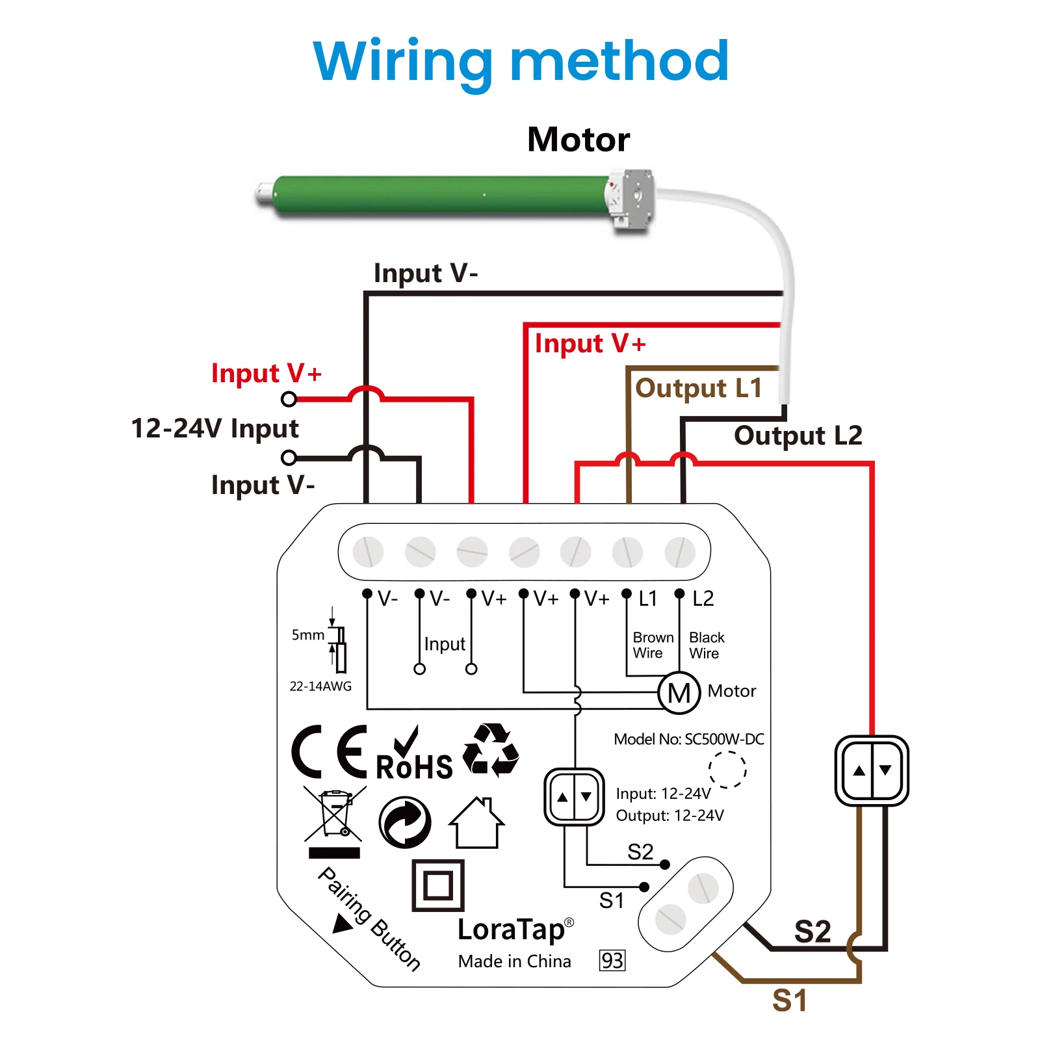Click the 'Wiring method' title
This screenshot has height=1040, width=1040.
pyautogui.click(x=521, y=62)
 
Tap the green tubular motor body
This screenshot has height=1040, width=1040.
pyautogui.click(x=442, y=195)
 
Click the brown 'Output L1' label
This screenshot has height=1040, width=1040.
pyautogui.click(x=699, y=388)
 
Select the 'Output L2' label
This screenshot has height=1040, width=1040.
pyautogui.click(x=798, y=435)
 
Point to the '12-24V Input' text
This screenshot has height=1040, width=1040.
pyautogui.click(x=215, y=428)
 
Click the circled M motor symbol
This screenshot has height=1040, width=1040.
pyautogui.click(x=679, y=693)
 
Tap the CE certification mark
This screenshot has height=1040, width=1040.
pyautogui.click(x=329, y=752)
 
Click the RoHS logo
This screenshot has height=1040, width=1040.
pyautogui.click(x=414, y=757)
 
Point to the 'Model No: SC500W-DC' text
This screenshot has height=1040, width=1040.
pyautogui.click(x=689, y=739)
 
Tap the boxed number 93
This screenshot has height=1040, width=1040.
pyautogui.click(x=612, y=961)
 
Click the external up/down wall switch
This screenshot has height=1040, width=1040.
pyautogui.click(x=872, y=771)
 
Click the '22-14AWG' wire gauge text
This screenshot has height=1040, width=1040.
pyautogui.click(x=320, y=686)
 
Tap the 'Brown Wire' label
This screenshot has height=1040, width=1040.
pyautogui.click(x=653, y=645)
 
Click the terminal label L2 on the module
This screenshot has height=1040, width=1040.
pyautogui.click(x=703, y=599)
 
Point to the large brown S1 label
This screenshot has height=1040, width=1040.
pyautogui.click(x=790, y=1000)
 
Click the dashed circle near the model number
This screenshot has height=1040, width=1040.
pyautogui.click(x=727, y=770)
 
